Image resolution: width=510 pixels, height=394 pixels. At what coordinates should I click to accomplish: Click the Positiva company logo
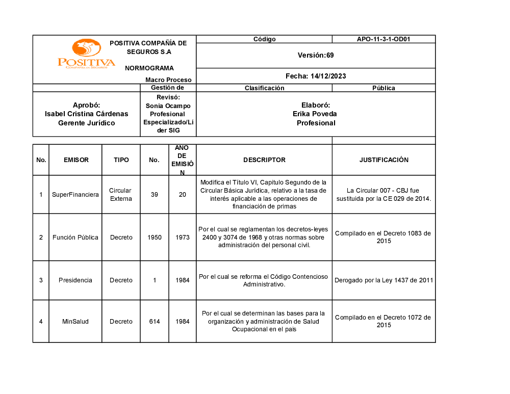point(86,54)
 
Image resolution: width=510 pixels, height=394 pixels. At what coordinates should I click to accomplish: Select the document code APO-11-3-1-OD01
point(384,39)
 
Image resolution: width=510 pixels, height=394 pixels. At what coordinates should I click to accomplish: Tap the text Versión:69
point(316,55)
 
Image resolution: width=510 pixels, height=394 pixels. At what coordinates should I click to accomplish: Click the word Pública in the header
point(384,88)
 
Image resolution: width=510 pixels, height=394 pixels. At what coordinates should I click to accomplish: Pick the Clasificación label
point(264,88)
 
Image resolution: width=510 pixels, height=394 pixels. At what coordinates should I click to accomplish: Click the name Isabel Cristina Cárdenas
point(87,114)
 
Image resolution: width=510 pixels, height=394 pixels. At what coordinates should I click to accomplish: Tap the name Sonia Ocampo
point(168,106)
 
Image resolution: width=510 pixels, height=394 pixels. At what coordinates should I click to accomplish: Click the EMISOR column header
point(76,160)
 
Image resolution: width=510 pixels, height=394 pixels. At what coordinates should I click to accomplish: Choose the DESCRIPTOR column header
point(264,160)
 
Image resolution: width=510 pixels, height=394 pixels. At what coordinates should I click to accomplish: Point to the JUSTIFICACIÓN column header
point(384,160)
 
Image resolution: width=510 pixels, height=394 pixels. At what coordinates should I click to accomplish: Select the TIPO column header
point(121,160)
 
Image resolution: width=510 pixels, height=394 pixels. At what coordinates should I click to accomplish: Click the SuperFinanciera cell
point(75,195)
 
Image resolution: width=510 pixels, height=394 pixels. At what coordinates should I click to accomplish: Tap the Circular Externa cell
point(121,195)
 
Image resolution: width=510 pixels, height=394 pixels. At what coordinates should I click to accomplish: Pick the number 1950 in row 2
point(154,238)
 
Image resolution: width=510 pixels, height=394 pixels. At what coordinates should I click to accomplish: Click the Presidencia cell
point(75,280)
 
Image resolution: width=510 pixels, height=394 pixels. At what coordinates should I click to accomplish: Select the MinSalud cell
point(75,322)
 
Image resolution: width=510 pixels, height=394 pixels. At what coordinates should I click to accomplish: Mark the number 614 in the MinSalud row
point(155,322)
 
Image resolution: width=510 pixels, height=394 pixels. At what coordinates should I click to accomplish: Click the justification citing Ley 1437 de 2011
point(384,280)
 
